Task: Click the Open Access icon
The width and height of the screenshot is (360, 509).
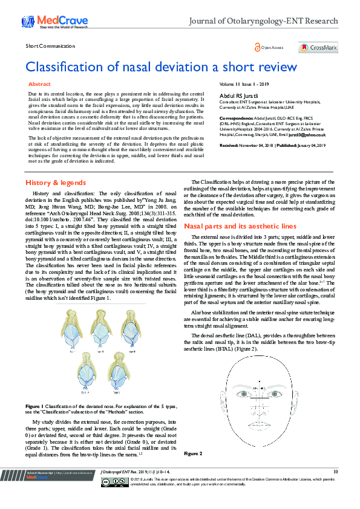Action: [257, 47]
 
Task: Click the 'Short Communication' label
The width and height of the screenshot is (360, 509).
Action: [49, 47]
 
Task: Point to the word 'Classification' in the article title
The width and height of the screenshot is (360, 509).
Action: [65, 66]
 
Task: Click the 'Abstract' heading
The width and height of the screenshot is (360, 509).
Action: [40, 84]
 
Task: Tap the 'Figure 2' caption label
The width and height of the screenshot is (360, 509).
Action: [194, 453]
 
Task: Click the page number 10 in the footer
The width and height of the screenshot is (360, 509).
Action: [335, 471]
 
